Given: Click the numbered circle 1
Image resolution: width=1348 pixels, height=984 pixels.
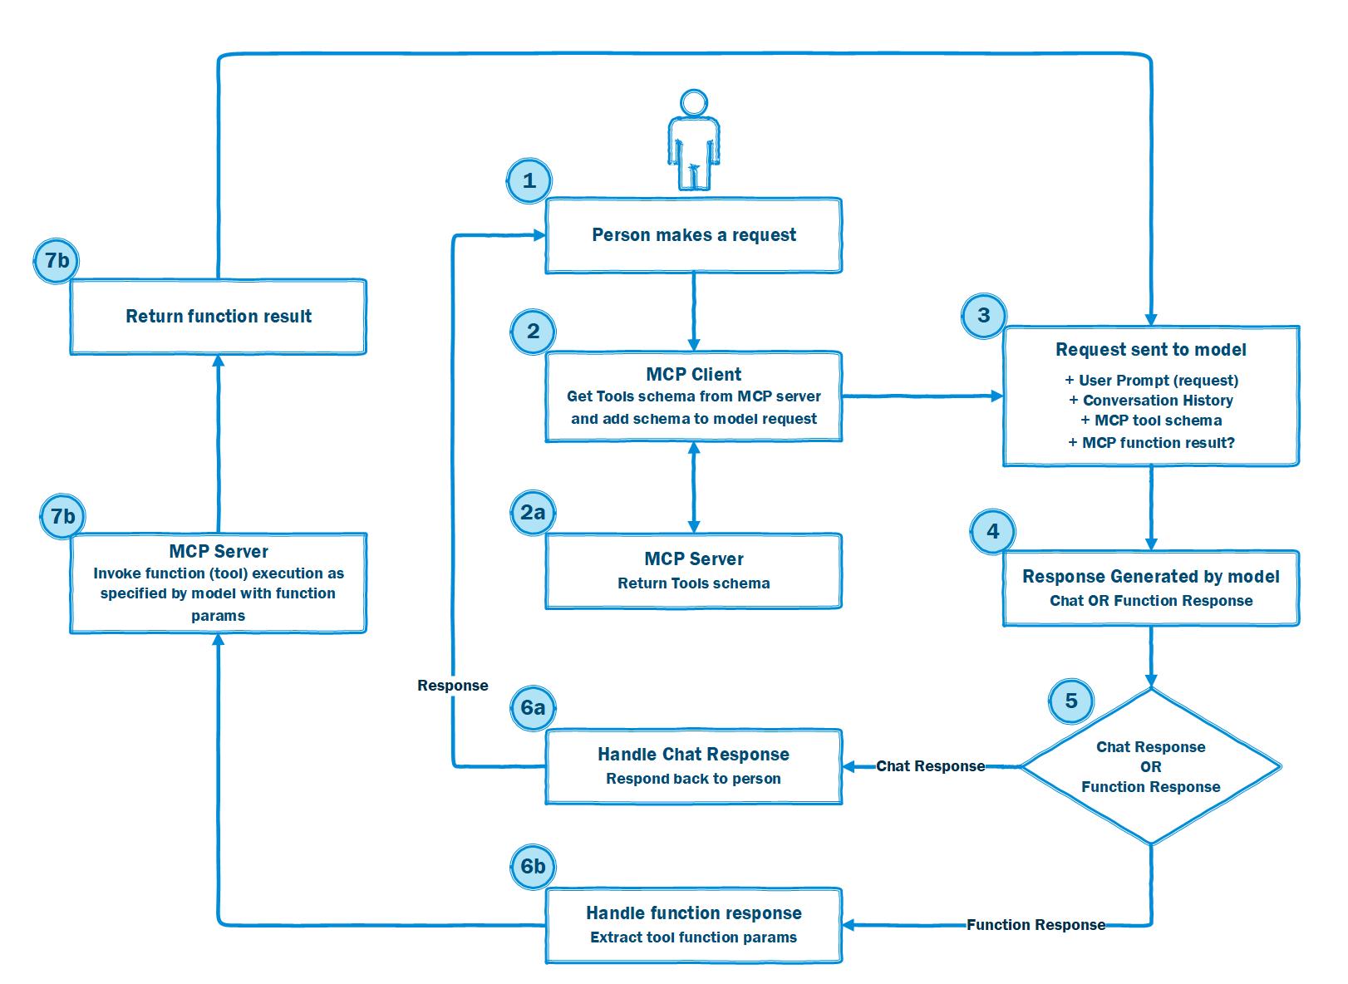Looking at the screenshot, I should point(529,180).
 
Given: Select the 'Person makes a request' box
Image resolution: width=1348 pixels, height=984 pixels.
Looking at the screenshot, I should point(693,235).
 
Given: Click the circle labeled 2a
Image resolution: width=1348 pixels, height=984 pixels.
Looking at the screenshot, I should point(533,513).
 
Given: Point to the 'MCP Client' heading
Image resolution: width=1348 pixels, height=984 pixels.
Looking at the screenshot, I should point(693,374).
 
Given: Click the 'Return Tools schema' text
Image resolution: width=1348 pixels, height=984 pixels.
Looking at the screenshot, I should point(693,583).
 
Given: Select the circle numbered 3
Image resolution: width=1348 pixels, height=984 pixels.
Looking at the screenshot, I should point(984,315).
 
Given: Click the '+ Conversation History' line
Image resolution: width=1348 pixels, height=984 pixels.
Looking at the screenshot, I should point(1151,400).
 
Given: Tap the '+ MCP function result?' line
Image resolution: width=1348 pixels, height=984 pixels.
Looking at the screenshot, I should point(1151,443).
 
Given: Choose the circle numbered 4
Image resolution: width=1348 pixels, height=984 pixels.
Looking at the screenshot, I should point(992,531).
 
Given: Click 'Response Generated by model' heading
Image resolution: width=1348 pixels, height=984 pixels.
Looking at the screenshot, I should point(1151,576).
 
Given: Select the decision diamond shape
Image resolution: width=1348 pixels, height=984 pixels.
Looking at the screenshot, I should point(1151,766).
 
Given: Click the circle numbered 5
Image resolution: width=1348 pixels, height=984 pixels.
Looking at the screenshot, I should point(1071,701).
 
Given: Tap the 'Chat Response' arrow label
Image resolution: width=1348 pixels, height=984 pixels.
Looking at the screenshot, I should point(930,766).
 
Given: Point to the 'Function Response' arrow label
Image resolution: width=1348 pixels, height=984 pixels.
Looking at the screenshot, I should point(1036,925).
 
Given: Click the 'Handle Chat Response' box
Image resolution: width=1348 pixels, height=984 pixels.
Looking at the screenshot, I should point(693,766).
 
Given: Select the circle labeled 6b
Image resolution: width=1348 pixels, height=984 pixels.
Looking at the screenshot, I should point(533,867).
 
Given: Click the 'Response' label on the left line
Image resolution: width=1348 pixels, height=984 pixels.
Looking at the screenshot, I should point(453,686).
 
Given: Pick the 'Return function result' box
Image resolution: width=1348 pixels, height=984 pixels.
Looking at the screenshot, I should point(218,317).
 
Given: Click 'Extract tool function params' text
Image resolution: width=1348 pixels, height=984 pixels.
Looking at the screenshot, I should point(693,937).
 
